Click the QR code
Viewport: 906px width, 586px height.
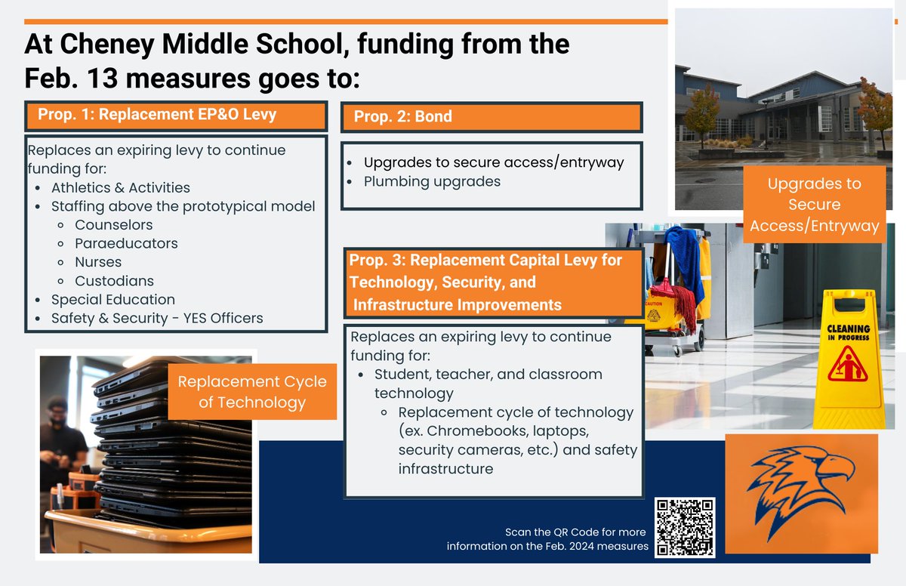coord(684,527)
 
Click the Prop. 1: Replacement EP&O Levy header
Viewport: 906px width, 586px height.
coord(157,116)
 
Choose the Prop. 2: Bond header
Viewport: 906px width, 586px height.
coord(403,117)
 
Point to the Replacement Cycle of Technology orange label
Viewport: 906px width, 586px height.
coord(251,392)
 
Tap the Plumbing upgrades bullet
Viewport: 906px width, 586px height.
coord(432,182)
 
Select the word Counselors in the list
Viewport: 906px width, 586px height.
coord(113,225)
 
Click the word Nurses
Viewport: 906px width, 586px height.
coord(98,262)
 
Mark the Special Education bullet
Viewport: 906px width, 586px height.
coord(112,300)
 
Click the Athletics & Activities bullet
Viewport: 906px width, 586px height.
coord(120,187)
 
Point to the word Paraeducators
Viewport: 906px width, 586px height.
coord(126,243)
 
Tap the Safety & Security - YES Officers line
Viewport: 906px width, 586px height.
coord(157,318)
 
